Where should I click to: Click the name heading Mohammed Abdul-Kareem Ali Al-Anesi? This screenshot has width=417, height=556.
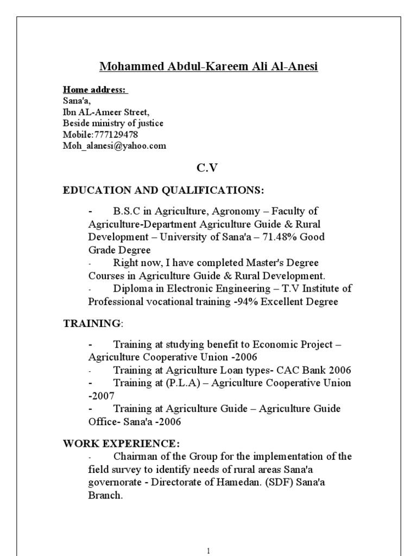pyautogui.click(x=208, y=67)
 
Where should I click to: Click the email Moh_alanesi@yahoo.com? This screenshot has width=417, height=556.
pyautogui.click(x=115, y=146)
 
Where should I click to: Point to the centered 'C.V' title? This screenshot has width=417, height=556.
pyautogui.click(x=207, y=168)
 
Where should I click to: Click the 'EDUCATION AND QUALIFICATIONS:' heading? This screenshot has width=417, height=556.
pyautogui.click(x=163, y=191)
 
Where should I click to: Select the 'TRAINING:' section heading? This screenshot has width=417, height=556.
pyautogui.click(x=93, y=324)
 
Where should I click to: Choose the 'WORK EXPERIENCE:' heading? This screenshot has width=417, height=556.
pyautogui.click(x=121, y=443)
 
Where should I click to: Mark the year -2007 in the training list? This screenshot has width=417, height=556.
pyautogui.click(x=101, y=396)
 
